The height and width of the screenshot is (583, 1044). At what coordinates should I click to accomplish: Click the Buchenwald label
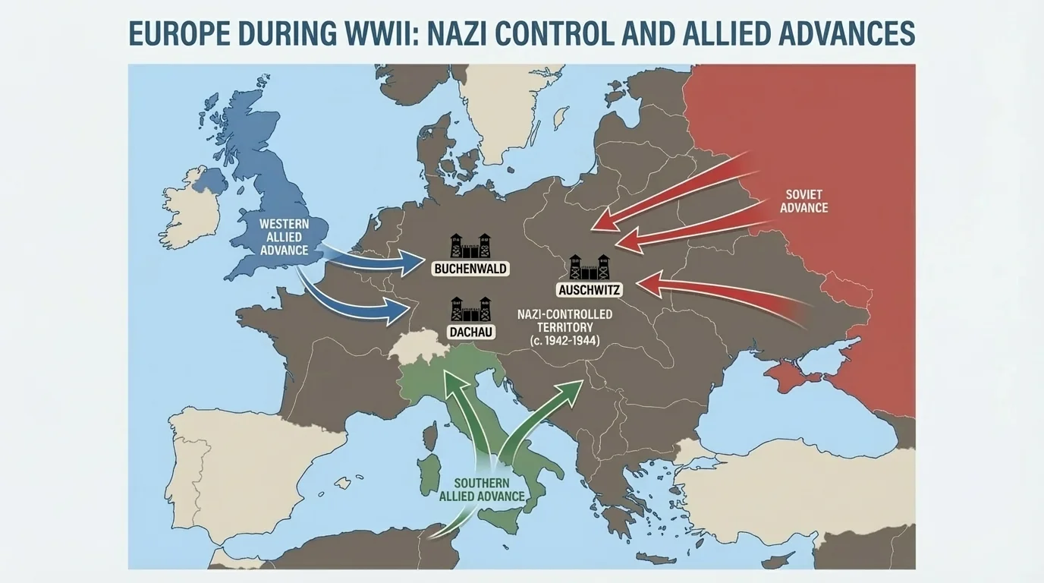point(470,269)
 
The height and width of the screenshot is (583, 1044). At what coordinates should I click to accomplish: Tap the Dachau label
point(470,332)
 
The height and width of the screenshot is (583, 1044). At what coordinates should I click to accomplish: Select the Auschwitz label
point(590,290)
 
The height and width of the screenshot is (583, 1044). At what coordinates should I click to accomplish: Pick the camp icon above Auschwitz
point(590,266)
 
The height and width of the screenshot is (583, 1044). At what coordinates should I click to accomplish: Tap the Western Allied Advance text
point(283,237)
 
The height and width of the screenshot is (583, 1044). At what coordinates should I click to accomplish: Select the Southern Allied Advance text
point(482,490)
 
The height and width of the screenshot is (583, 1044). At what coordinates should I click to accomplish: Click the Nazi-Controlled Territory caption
point(564,327)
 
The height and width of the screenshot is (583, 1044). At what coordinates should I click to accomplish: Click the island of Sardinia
point(429,471)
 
